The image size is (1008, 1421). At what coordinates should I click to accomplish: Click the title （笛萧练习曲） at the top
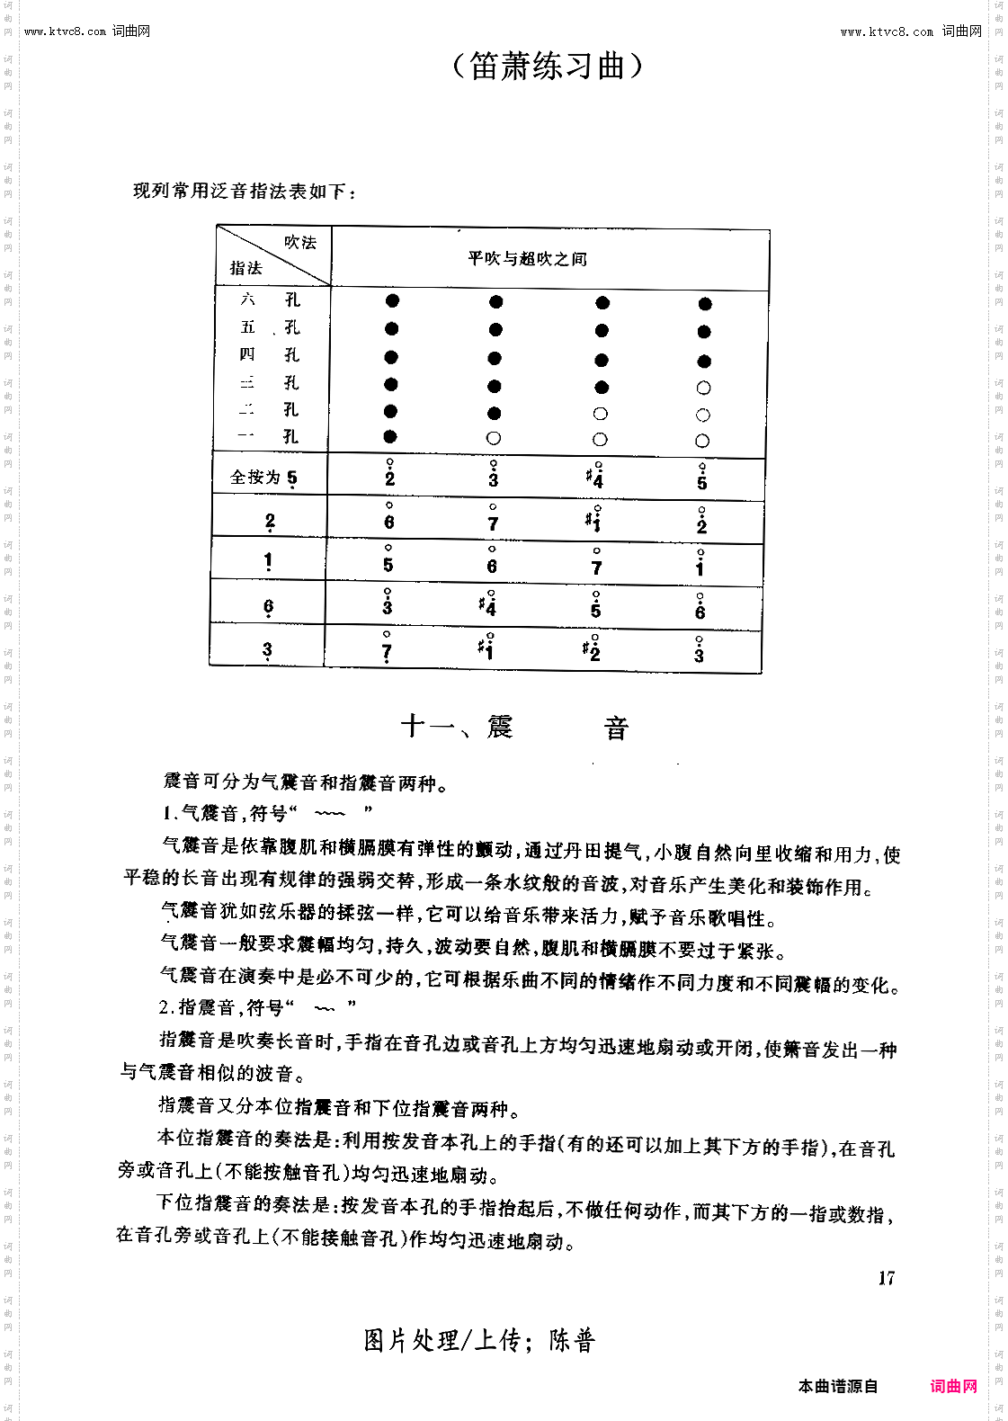point(547,66)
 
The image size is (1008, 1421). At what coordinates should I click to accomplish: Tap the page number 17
point(887,1278)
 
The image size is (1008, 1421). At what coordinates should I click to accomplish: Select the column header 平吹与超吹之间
point(527,259)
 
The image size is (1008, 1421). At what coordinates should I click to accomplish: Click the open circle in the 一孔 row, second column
point(493,439)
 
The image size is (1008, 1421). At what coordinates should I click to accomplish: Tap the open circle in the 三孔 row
point(703,388)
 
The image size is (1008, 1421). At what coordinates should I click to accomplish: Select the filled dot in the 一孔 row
point(390,437)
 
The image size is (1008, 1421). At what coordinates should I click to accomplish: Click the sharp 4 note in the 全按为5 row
point(594,476)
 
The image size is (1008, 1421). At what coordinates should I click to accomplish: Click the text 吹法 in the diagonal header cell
point(300,242)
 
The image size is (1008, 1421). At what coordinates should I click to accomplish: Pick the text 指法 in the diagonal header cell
point(245,268)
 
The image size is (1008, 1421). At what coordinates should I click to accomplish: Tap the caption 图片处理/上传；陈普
point(479,1341)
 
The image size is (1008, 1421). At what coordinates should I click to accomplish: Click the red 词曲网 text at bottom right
point(953,1386)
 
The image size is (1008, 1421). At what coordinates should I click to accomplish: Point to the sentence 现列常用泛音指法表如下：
point(245,192)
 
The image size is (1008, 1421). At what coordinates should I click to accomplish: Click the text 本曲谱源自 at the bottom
point(837,1386)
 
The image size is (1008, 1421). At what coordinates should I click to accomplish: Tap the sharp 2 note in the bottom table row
point(593,650)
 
